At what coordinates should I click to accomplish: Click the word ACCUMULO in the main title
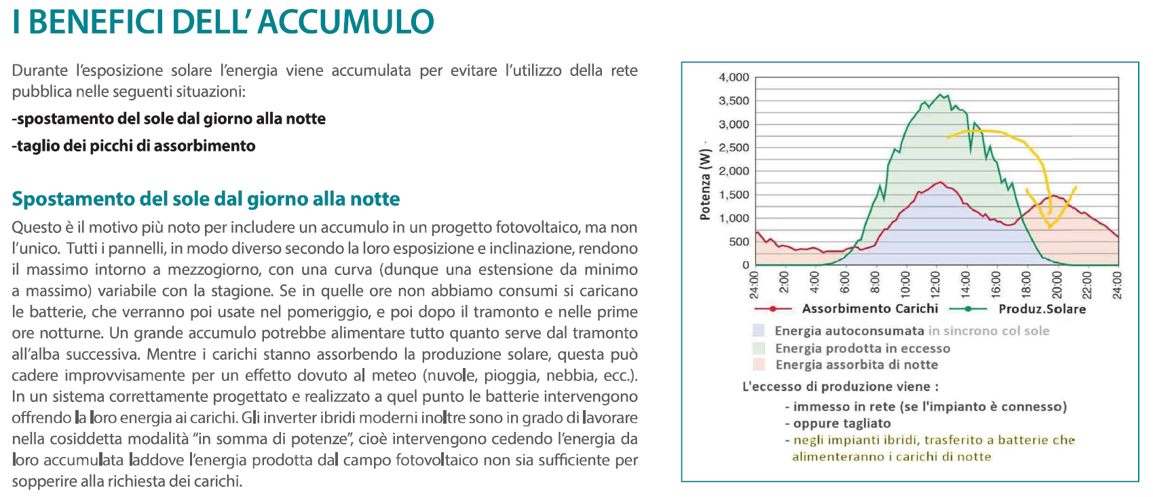(345, 22)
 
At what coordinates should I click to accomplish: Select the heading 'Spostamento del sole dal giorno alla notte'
(206, 199)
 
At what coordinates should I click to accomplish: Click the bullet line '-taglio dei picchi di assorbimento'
(134, 146)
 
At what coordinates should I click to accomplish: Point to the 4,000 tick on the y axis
(734, 77)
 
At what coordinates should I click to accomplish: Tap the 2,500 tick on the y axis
(734, 148)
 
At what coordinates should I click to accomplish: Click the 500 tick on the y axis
(738, 242)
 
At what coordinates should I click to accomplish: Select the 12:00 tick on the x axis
(935, 285)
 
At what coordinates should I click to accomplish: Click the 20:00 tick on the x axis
(1056, 285)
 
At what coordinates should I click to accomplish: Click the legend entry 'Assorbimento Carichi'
(869, 309)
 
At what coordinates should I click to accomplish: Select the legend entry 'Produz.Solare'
(1042, 309)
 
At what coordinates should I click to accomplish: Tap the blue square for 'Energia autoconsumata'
(759, 331)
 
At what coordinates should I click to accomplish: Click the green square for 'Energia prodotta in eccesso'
(759, 348)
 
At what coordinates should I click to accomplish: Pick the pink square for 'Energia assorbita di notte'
(759, 365)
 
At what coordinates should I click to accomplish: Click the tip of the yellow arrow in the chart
(1050, 226)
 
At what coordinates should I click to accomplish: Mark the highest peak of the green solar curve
(940, 94)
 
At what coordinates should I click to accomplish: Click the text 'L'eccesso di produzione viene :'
(840, 386)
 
